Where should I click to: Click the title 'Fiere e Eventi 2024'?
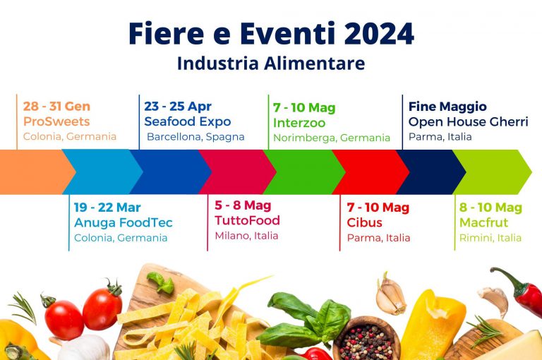[271, 33]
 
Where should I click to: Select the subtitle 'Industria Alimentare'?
[271, 64]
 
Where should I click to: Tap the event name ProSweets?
[56, 121]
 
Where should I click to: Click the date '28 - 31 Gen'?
[56, 107]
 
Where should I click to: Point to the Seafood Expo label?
[187, 121]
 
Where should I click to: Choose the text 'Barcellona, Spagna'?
[195, 136]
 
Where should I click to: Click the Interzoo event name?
[299, 123]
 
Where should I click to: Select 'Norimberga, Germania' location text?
[331, 138]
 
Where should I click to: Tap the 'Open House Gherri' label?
[468, 121]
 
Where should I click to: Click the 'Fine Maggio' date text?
[447, 107]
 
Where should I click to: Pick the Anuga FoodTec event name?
[123, 223]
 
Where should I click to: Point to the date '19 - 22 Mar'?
[107, 208]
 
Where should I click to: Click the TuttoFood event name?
[247, 220]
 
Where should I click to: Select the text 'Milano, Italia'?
[246, 236]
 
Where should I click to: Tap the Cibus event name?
[364, 223]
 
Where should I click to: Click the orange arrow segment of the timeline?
[35, 172]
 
